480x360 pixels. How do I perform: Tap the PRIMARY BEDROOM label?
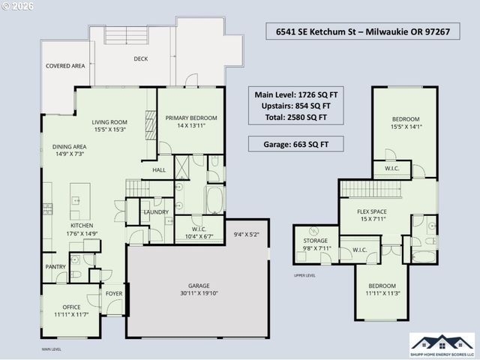click(x=191, y=118)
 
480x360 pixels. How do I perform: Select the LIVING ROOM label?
click(x=109, y=122)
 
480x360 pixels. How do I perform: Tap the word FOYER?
click(x=114, y=294)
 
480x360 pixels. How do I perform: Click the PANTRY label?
click(x=55, y=266)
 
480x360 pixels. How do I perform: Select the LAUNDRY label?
click(x=156, y=212)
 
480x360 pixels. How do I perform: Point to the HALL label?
click(x=159, y=170)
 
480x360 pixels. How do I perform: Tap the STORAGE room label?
click(x=315, y=241)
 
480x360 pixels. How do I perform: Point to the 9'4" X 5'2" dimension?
click(x=246, y=234)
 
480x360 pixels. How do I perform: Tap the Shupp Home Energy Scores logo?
click(x=442, y=344)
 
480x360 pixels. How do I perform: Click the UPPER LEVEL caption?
click(x=304, y=276)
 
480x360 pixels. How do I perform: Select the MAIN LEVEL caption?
click(x=52, y=349)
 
